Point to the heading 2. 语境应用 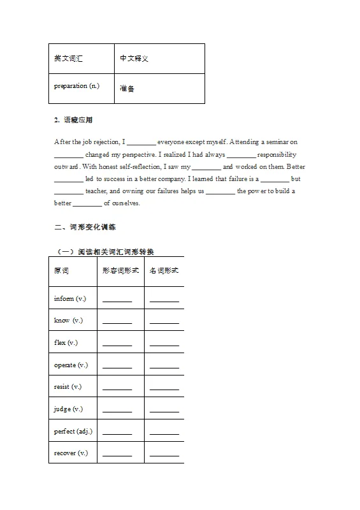[x=74, y=120]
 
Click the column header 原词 [x=62, y=270]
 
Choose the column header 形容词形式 [x=120, y=270]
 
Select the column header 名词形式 [x=164, y=270]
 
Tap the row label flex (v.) [x=66, y=342]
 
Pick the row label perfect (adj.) [x=73, y=431]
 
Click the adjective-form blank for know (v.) [x=117, y=321]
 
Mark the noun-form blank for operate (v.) [x=164, y=366]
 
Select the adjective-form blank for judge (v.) [x=117, y=410]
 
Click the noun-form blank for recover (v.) [x=164, y=454]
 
